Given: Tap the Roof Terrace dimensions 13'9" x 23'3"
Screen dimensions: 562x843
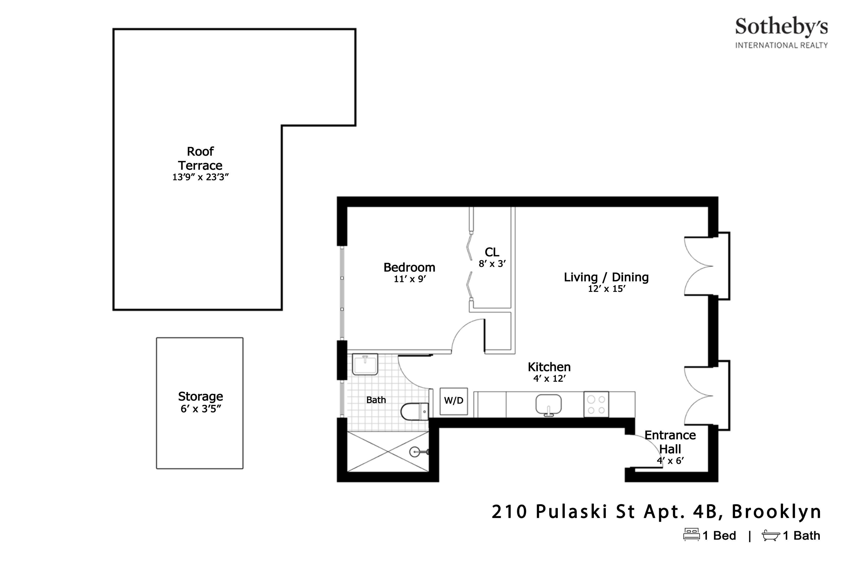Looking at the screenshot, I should (x=200, y=177).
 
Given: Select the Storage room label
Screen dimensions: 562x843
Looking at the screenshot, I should (x=200, y=396).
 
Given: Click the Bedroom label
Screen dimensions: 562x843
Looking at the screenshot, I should (x=409, y=267).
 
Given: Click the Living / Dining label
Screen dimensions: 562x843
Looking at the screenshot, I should (x=606, y=277).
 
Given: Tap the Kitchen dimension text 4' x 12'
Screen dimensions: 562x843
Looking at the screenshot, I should (x=549, y=378).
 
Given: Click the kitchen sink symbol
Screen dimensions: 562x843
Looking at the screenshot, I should (x=548, y=405).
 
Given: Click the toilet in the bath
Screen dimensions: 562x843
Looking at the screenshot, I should (x=414, y=411).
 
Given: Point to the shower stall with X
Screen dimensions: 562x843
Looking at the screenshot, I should (x=388, y=452).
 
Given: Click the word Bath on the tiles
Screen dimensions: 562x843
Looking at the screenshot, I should (x=376, y=400).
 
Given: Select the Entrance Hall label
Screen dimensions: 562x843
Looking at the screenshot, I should (x=670, y=442).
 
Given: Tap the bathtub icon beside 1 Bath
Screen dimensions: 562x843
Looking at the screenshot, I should (x=771, y=535).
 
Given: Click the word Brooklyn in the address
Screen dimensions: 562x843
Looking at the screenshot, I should (x=776, y=512).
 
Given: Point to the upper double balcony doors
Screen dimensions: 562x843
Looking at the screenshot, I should (x=699, y=266).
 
